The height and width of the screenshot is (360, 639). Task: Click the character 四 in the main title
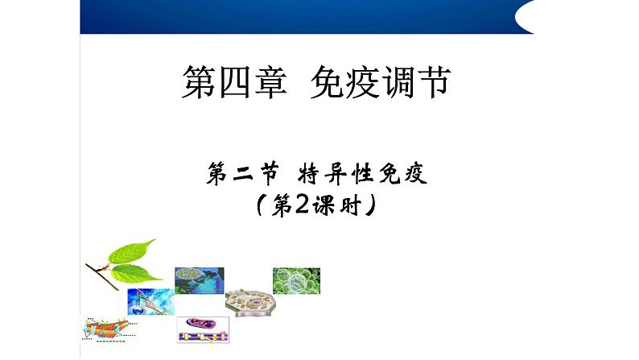coord(234,82)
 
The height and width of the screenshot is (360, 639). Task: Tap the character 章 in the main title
coord(270,82)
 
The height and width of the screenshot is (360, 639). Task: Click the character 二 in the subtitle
coord(244,174)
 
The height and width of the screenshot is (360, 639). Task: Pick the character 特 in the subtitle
coord(309,173)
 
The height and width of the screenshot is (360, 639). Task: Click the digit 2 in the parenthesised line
coord(301,205)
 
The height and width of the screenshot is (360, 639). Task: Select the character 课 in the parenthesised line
coord(324,205)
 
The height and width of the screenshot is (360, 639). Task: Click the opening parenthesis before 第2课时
coord(261,205)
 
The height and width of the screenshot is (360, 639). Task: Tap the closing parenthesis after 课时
coord(369,205)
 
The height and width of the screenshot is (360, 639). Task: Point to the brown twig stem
coord(102,276)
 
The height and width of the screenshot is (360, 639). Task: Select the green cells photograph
coord(296,281)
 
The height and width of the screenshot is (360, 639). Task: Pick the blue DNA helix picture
coord(150,302)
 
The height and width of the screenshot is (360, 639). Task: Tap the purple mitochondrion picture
coord(203,330)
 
